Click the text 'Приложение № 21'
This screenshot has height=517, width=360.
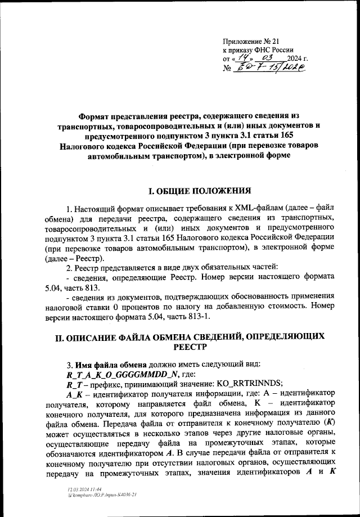click(251, 41)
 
